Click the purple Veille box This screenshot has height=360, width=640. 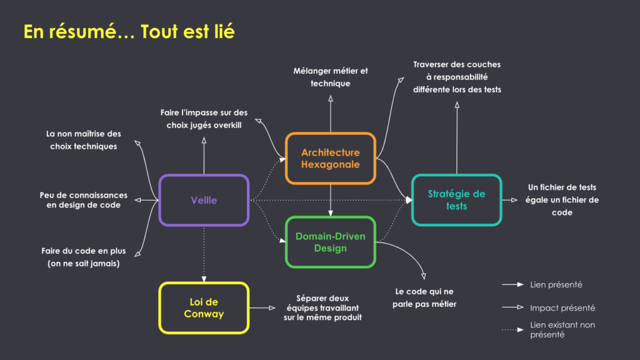point(204,200)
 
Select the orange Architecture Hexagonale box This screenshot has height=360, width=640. point(330,158)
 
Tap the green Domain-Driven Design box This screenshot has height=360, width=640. point(330,242)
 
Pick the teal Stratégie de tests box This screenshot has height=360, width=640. point(456,200)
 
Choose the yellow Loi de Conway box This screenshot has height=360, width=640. point(204,307)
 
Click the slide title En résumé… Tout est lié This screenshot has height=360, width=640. point(129,31)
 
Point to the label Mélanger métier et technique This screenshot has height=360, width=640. point(331,77)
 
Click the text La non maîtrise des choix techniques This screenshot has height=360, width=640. point(84,140)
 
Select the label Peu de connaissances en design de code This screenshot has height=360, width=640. point(83,200)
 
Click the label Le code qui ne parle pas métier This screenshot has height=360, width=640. point(424,297)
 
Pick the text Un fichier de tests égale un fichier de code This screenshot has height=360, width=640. point(562,200)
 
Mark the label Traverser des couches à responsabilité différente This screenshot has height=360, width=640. point(457,77)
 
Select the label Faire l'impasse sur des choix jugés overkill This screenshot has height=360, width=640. point(204,119)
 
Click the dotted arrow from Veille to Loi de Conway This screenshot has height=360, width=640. point(204,253)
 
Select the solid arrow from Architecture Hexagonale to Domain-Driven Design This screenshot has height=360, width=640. point(330,200)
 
